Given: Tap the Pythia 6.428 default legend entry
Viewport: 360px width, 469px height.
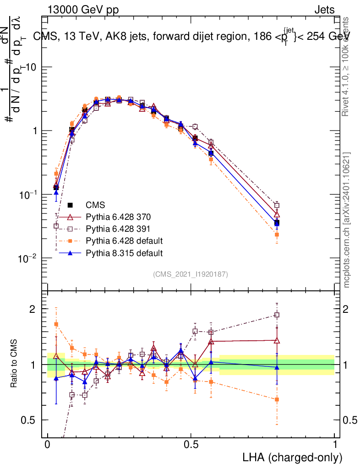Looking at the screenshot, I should (x=124, y=240).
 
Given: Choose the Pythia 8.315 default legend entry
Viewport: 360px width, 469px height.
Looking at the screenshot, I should (x=124, y=252).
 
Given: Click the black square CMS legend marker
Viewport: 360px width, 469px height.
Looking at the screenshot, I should (x=71, y=205).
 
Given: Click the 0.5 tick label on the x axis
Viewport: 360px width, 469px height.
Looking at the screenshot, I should (x=191, y=445).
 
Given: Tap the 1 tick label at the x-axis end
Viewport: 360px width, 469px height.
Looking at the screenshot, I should (x=335, y=445).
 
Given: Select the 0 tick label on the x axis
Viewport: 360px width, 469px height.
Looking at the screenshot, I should (x=48, y=445).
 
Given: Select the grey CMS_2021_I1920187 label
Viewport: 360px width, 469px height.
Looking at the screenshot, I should (x=191, y=274).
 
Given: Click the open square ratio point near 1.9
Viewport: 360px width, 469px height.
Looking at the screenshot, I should (x=277, y=315).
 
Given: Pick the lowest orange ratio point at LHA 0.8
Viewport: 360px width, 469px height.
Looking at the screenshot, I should (x=277, y=399).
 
